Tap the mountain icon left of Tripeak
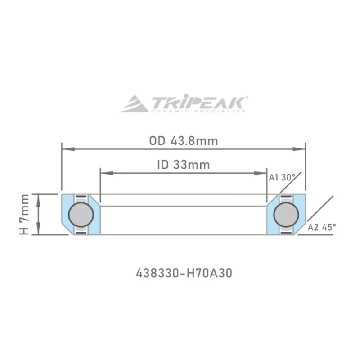pyautogui.click(x=135, y=103)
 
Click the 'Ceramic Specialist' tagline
pyautogui.click(x=198, y=111)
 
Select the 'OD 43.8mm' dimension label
pyautogui.click(x=184, y=141)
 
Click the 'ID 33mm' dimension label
pyautogui.click(x=184, y=165)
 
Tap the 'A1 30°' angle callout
pyautogui.click(x=282, y=177)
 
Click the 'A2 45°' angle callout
pyautogui.click(x=322, y=228)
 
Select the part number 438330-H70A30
pyautogui.click(x=184, y=273)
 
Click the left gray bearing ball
pyautogui.click(x=81, y=214)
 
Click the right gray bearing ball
pyautogui.click(x=286, y=214)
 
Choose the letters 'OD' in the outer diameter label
pyautogui.click(x=157, y=141)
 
